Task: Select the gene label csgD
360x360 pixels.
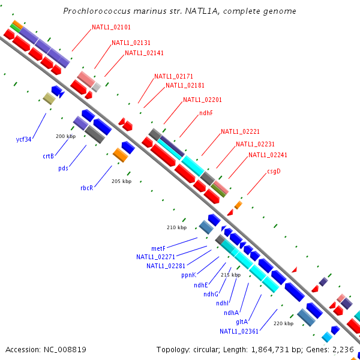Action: point(274,171)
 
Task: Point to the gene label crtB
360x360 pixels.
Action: point(49,156)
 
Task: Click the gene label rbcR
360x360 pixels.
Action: point(87,188)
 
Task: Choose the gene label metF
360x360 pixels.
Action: point(158,248)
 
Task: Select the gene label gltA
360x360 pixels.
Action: point(242,322)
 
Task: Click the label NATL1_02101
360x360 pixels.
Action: point(111,28)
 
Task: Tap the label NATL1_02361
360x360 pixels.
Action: point(239,331)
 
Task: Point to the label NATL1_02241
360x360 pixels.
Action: point(268,155)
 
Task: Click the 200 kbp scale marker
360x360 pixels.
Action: point(65,136)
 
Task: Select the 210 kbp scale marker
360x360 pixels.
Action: point(176,227)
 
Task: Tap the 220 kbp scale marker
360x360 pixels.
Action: point(283,323)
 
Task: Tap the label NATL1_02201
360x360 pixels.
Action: point(202,100)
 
